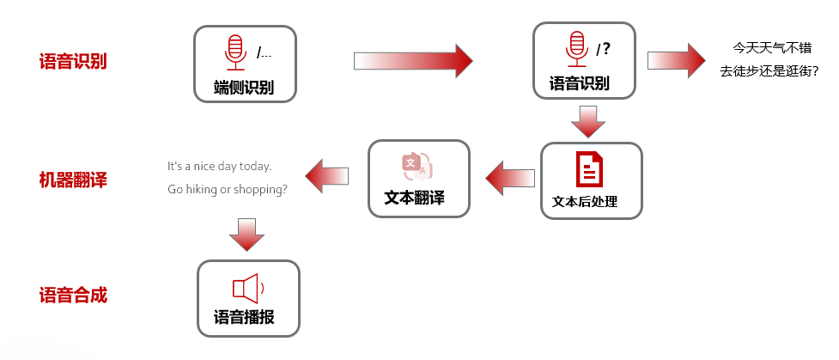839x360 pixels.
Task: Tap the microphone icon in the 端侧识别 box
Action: (234, 52)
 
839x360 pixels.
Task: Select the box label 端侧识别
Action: (244, 87)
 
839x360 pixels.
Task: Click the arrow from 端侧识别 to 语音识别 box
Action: (412, 60)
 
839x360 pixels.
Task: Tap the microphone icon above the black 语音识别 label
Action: (576, 49)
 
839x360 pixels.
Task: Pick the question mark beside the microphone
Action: (606, 49)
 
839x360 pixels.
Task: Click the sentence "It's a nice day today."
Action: (219, 166)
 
